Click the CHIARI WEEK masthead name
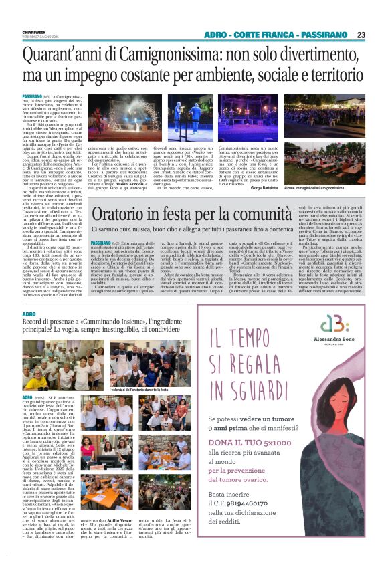[x=36, y=31]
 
